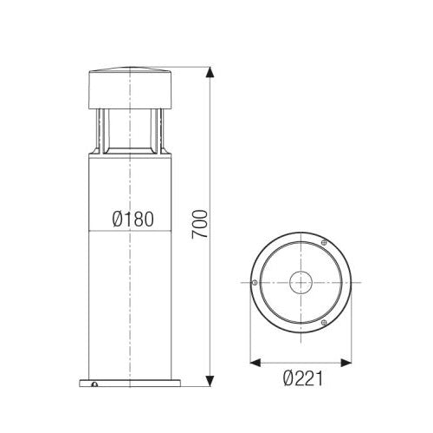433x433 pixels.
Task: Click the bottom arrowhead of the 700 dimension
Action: [x=209, y=378]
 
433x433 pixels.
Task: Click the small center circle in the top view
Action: [x=300, y=281]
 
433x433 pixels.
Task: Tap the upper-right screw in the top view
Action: [x=323, y=240]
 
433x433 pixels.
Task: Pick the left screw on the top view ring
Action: [x=254, y=281]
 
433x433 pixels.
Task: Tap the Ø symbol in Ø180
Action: [x=118, y=220]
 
